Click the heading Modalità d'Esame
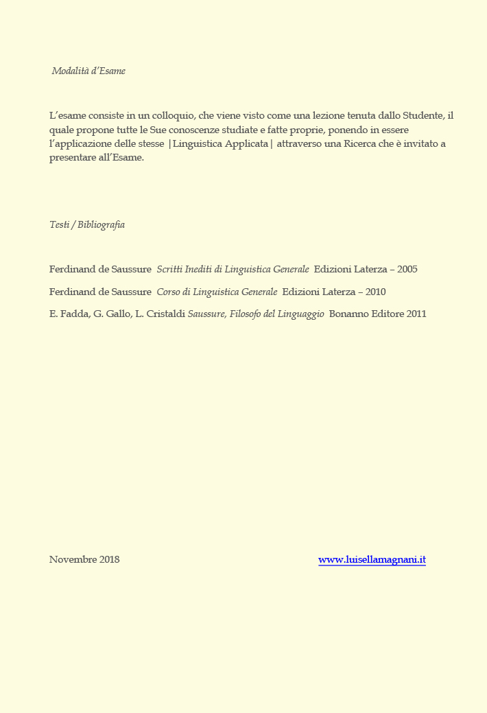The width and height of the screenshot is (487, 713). tap(88, 71)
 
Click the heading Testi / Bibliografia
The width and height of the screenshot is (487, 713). tap(87, 225)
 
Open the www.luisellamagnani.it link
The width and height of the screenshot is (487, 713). tap(372, 560)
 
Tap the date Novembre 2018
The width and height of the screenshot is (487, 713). tap(84, 560)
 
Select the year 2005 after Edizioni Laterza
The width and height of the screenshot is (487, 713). tap(407, 270)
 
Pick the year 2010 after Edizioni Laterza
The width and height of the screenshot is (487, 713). tap(375, 292)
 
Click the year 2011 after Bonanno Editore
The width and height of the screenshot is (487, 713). tap(416, 314)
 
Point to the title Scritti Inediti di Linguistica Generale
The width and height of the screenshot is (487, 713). tap(233, 270)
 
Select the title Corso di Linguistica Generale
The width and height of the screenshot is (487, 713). tap(217, 292)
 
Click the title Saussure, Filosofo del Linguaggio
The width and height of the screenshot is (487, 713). tap(256, 314)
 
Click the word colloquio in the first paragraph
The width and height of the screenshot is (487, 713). tap(170, 115)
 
